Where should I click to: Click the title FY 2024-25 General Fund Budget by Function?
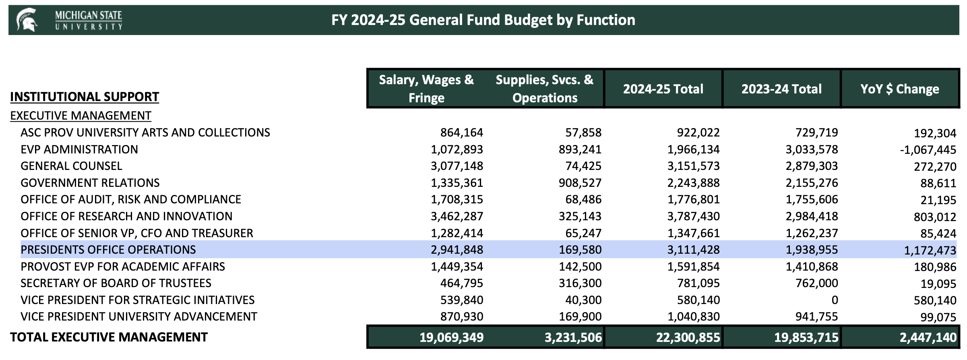tap(483, 20)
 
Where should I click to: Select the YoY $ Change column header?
tap(900, 89)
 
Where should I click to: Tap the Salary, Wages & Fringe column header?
tap(426, 89)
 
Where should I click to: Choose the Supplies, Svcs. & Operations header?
tap(545, 89)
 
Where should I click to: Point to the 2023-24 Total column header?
tap(781, 89)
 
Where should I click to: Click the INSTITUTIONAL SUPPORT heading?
tap(85, 97)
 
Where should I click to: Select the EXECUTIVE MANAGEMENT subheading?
tap(81, 116)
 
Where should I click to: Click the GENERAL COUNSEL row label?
tap(71, 166)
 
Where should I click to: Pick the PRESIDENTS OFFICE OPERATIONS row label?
tap(108, 250)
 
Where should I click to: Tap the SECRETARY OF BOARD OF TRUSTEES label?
tap(116, 283)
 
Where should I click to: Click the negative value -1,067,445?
tap(928, 150)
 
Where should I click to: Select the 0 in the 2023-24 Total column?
tap(835, 300)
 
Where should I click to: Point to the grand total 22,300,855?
tap(688, 337)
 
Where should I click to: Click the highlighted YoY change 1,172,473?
tap(930, 250)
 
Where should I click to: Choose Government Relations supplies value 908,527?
tap(580, 183)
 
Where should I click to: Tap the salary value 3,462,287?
tap(457, 216)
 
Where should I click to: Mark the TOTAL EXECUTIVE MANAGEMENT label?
tap(109, 337)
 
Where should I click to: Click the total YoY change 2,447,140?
tap(928, 337)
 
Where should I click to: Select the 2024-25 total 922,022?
tap(698, 132)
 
